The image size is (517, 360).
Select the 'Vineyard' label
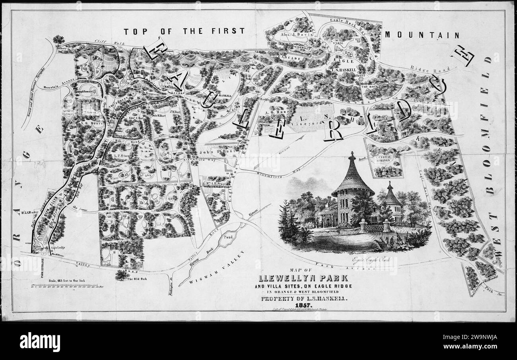(313, 124)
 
